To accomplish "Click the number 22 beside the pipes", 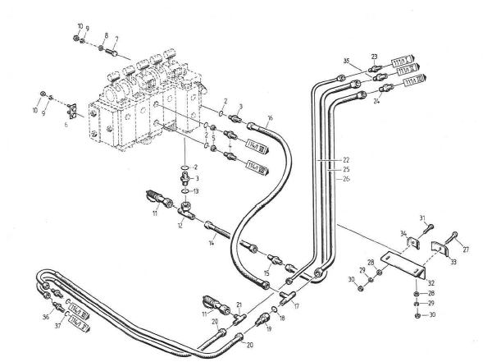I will pos(347,159).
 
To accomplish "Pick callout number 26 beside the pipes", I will pos(347,178).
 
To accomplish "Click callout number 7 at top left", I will pos(116,38).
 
